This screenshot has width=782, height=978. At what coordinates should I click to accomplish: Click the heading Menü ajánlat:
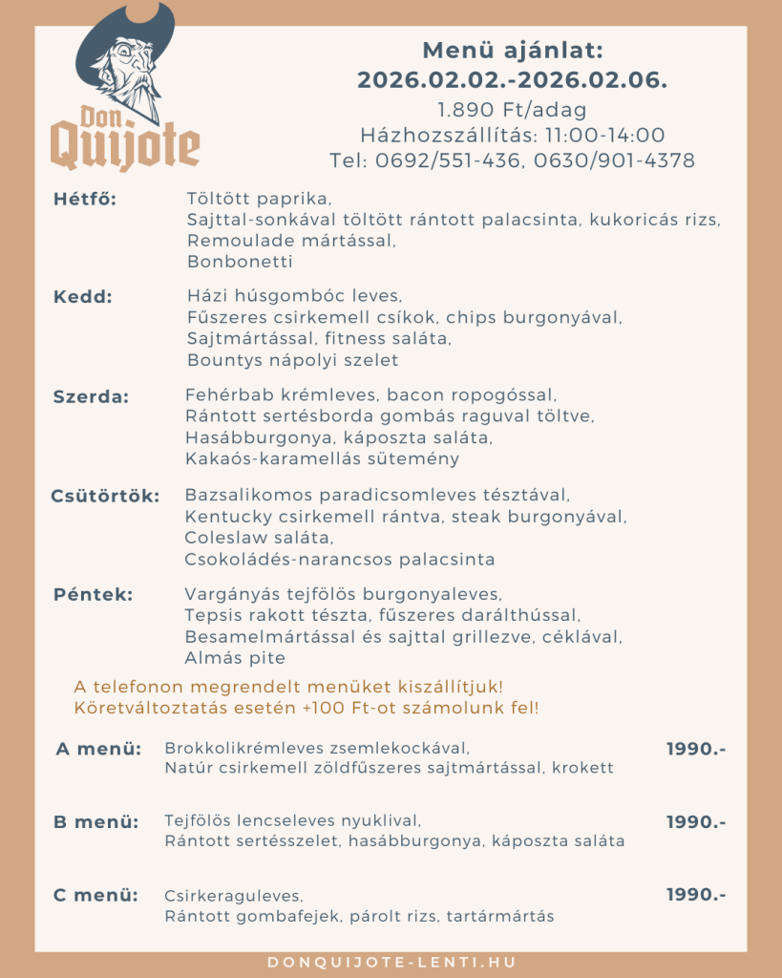(x=513, y=51)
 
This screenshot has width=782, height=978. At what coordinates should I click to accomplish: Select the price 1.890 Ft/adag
(x=512, y=109)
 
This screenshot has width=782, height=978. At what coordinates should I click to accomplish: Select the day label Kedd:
(x=83, y=296)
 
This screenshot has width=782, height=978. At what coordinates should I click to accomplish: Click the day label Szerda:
(x=91, y=396)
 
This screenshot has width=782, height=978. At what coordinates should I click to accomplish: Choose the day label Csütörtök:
(x=105, y=496)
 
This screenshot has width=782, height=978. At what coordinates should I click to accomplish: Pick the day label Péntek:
(x=93, y=594)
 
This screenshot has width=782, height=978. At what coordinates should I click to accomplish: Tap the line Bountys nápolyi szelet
(x=292, y=360)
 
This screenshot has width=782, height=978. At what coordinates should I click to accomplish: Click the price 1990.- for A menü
(x=696, y=749)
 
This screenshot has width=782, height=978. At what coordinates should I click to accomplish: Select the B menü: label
(x=95, y=821)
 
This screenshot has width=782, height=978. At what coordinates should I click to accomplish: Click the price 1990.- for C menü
(x=696, y=895)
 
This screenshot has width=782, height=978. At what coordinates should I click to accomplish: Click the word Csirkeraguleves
(x=233, y=896)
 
